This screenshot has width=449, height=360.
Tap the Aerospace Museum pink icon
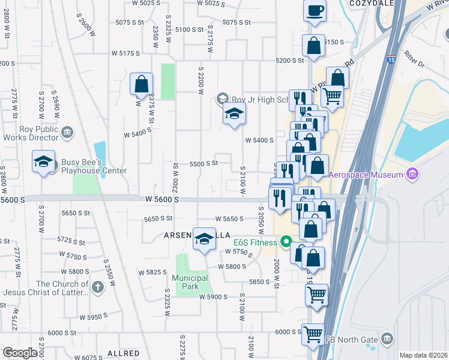(412, 175)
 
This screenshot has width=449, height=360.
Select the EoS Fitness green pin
(286, 242)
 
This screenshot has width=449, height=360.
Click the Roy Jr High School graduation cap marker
(234, 114)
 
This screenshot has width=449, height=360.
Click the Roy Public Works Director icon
(67, 131)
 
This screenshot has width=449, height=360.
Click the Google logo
(19, 353)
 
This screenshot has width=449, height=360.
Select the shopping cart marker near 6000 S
(313, 335)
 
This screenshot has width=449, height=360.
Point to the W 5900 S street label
(214, 296)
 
